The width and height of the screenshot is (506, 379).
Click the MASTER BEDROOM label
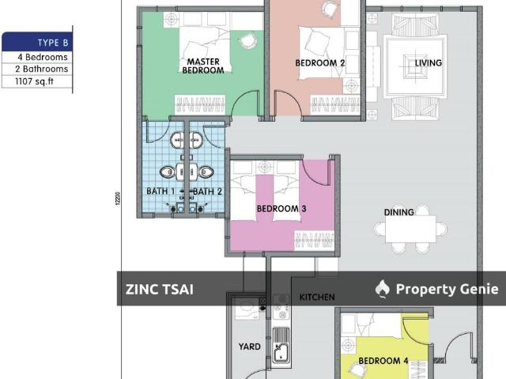click(x=203, y=66)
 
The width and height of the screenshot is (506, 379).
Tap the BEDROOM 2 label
click(x=320, y=63)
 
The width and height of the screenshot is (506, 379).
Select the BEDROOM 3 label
click(x=281, y=209)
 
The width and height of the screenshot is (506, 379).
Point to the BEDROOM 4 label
click(x=383, y=361)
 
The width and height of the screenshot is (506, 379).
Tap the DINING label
click(x=398, y=212)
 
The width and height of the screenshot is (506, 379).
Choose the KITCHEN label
click(x=316, y=297)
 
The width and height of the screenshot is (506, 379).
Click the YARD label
click(x=250, y=347)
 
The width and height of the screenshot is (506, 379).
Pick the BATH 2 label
click(x=208, y=191)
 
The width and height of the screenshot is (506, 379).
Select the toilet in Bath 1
click(x=167, y=171)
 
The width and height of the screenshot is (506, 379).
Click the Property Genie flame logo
click(x=383, y=289)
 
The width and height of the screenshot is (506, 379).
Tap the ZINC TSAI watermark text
click(x=159, y=290)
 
